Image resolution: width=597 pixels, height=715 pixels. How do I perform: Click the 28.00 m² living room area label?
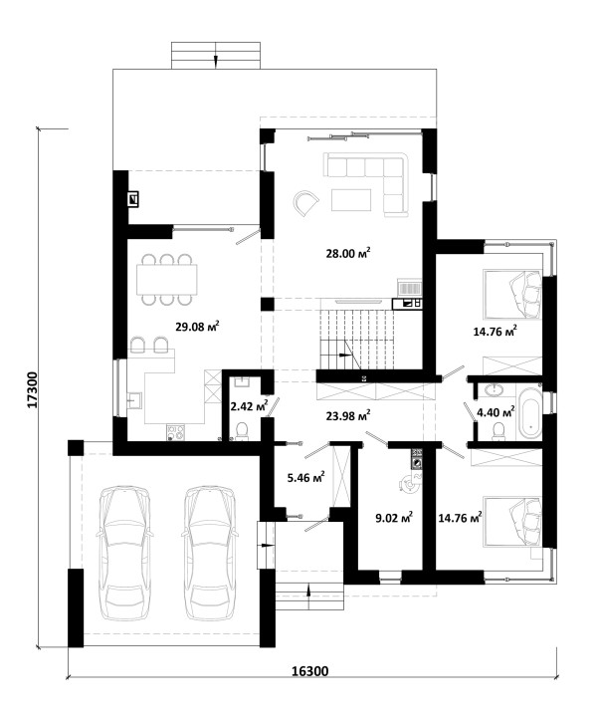tap(347, 253)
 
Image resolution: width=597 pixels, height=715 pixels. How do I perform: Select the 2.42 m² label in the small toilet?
tap(249, 406)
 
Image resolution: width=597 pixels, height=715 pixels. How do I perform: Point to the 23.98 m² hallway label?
tap(348, 415)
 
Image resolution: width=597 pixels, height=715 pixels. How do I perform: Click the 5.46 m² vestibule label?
tap(305, 477)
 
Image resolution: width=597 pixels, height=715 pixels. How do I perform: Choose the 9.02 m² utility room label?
tap(394, 518)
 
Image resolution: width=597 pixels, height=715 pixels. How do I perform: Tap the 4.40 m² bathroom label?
tap(496, 412)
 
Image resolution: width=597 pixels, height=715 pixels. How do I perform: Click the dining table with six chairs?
tap(167, 280)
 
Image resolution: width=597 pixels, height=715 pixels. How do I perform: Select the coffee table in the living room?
tap(351, 200)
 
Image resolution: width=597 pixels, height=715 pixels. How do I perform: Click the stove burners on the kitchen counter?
tap(176, 432)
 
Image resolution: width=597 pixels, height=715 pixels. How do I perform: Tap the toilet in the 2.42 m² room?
tap(242, 431)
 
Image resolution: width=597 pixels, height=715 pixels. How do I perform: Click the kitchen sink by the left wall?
tap(135, 401)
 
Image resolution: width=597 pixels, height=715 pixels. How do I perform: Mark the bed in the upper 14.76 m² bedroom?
tap(512, 294)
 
